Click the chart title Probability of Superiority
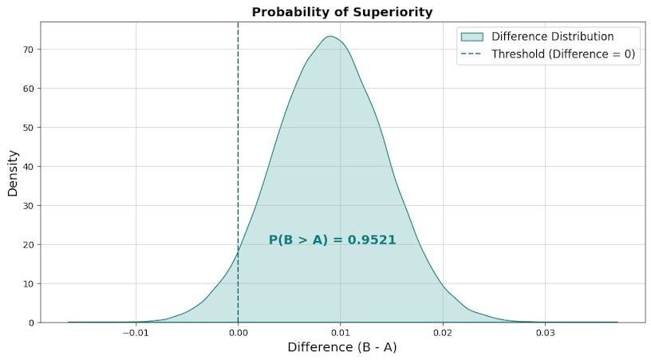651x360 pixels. pyautogui.click(x=341, y=12)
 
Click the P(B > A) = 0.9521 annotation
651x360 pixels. pyautogui.click(x=332, y=239)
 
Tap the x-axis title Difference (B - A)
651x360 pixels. pyautogui.click(x=341, y=347)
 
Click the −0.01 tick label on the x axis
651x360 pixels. pyautogui.click(x=135, y=331)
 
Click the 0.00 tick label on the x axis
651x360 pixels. pyautogui.click(x=238, y=331)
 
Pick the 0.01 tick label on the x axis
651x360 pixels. pyautogui.click(x=341, y=331)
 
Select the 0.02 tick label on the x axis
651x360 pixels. pyautogui.click(x=443, y=331)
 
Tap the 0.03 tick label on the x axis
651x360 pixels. pyautogui.click(x=546, y=331)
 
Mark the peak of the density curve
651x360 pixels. pyautogui.click(x=329, y=36)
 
